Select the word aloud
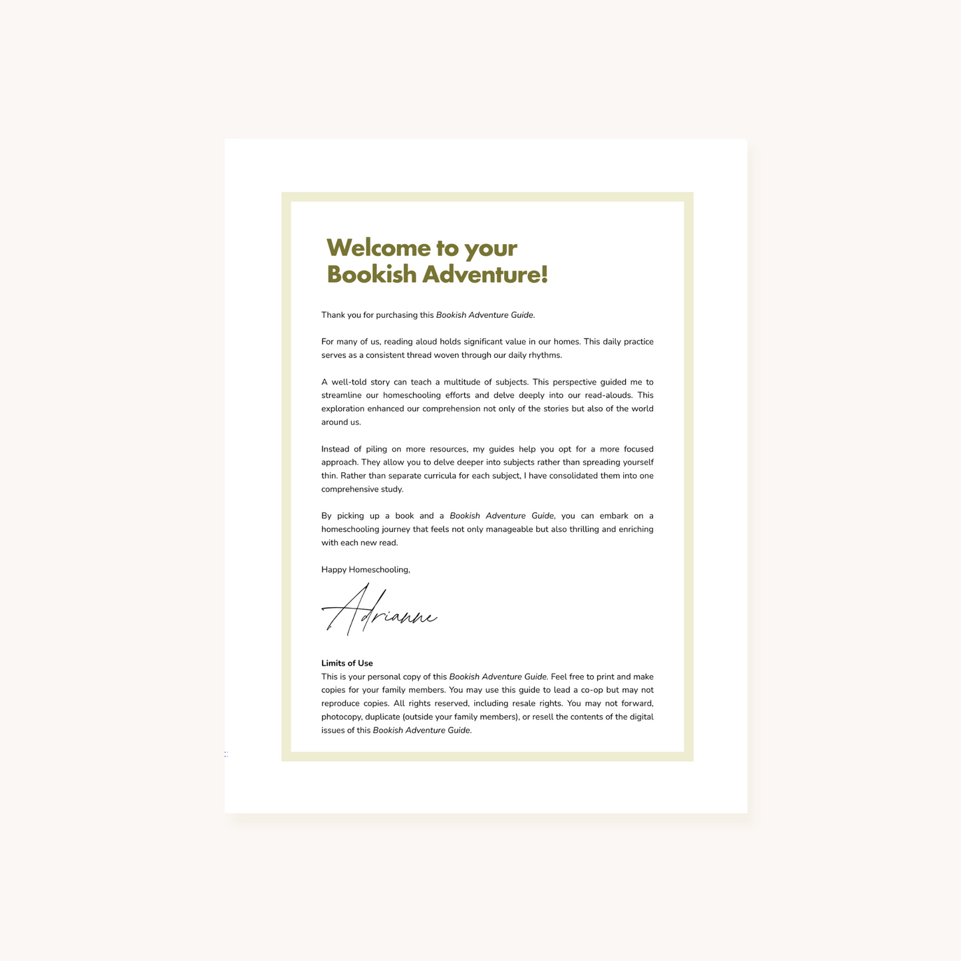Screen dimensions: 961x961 (x=426, y=342)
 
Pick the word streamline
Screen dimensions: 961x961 (x=341, y=395)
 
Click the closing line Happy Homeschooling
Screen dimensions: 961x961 (x=366, y=570)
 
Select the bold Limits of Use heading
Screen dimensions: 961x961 (x=347, y=663)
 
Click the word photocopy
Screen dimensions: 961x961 (x=342, y=717)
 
